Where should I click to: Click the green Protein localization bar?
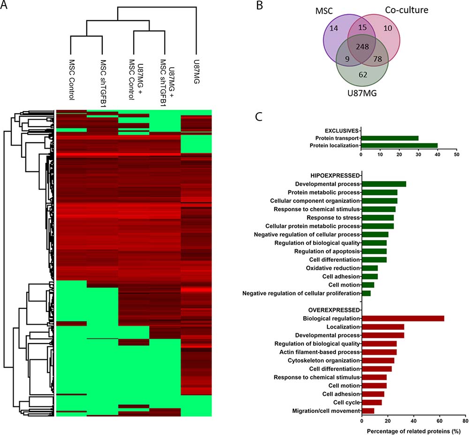point(399,145)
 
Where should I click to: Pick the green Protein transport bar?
point(390,138)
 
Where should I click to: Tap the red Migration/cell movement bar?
point(368,411)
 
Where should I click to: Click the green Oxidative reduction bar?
point(370,268)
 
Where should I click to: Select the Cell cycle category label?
point(346,402)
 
